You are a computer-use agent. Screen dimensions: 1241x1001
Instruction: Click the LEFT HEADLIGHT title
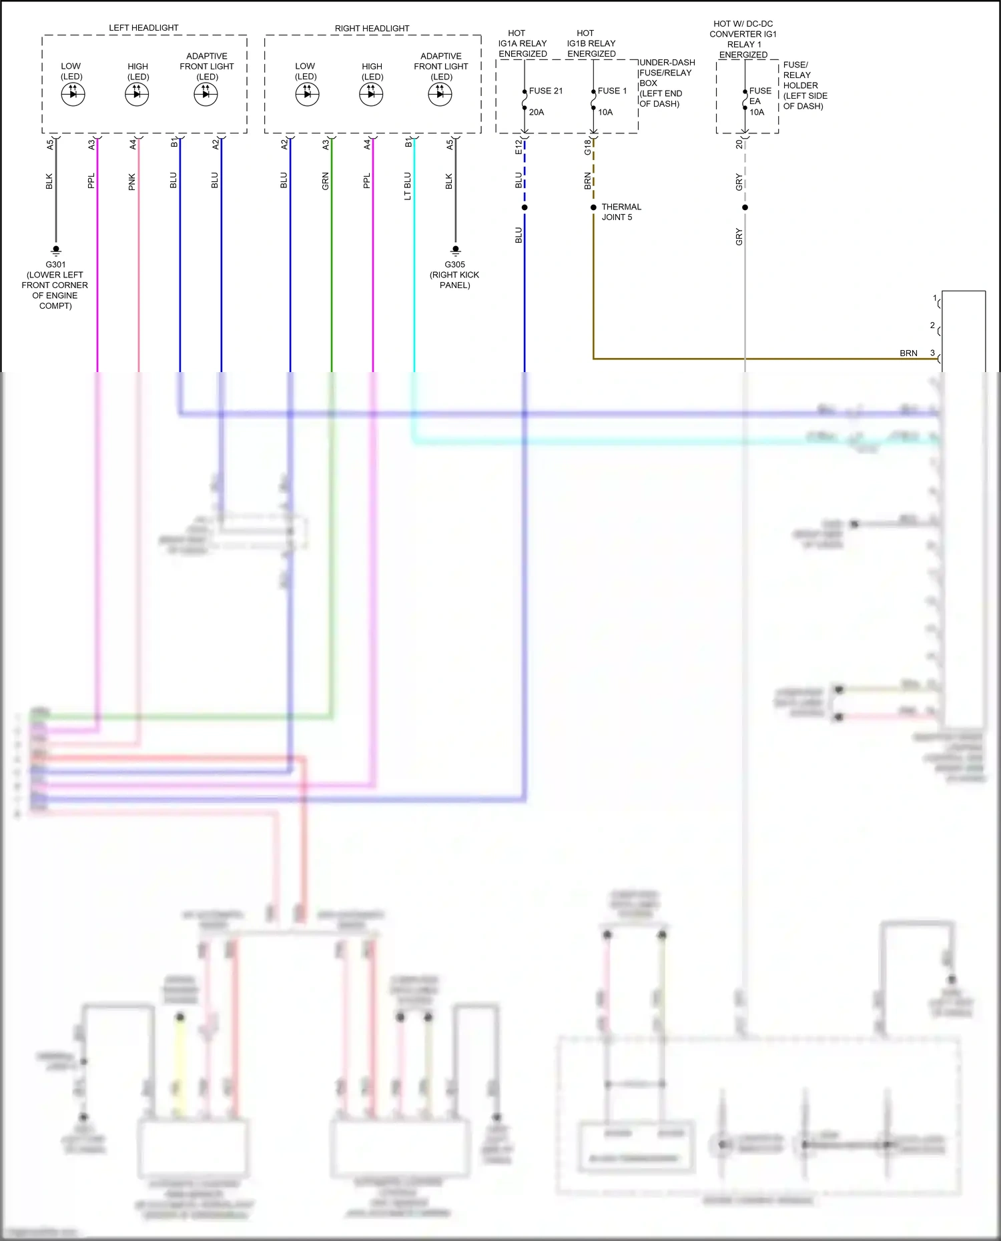pyautogui.click(x=143, y=28)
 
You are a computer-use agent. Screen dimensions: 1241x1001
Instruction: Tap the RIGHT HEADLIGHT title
pyautogui.click(x=372, y=29)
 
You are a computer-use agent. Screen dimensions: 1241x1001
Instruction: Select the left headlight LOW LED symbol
pyautogui.click(x=73, y=95)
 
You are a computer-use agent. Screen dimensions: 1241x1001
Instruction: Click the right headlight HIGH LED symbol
pyautogui.click(x=371, y=95)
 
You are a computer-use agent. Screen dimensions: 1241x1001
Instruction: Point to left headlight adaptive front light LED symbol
pyautogui.click(x=206, y=95)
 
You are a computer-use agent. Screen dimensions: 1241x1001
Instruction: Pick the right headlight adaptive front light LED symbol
pyautogui.click(x=440, y=95)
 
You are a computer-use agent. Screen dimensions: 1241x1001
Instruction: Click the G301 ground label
pyautogui.click(x=55, y=265)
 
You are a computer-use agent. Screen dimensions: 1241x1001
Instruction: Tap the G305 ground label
pyautogui.click(x=455, y=265)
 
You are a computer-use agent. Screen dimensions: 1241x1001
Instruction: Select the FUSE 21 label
pyautogui.click(x=546, y=91)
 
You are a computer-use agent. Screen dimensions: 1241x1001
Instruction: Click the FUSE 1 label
pyautogui.click(x=612, y=91)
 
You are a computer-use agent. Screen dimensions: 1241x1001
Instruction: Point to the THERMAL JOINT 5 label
pyautogui.click(x=621, y=212)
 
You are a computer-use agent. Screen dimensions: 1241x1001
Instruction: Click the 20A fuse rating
pyautogui.click(x=537, y=113)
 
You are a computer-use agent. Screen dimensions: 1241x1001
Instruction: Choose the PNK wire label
pyautogui.click(x=132, y=182)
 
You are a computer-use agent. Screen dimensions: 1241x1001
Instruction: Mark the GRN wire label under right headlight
pyautogui.click(x=326, y=181)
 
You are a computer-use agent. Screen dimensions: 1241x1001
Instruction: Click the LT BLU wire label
pyautogui.click(x=408, y=186)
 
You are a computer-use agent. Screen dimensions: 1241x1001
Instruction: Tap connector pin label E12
pyautogui.click(x=519, y=147)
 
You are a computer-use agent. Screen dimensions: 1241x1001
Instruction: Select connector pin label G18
pyautogui.click(x=587, y=147)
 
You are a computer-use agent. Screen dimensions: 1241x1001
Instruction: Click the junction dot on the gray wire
pyautogui.click(x=745, y=207)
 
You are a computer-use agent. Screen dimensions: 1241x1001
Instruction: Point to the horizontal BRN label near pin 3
pyautogui.click(x=908, y=353)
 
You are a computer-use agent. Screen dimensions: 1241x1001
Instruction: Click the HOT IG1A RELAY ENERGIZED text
pyautogui.click(x=523, y=43)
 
